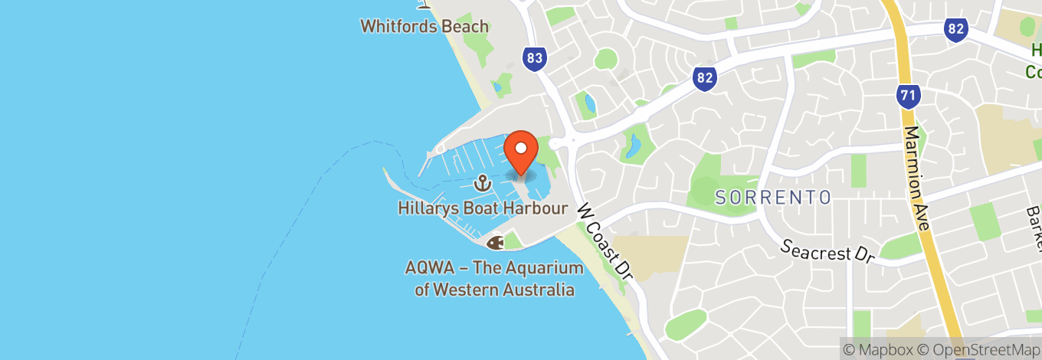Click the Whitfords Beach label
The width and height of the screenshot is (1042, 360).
[424, 26]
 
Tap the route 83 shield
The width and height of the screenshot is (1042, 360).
[535, 58]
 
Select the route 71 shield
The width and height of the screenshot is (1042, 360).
[908, 97]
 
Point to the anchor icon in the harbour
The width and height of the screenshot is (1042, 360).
[483, 183]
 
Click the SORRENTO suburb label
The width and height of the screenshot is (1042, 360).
[773, 198]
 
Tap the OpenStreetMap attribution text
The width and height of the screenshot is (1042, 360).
[981, 350]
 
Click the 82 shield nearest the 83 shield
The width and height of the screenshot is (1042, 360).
[705, 77]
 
